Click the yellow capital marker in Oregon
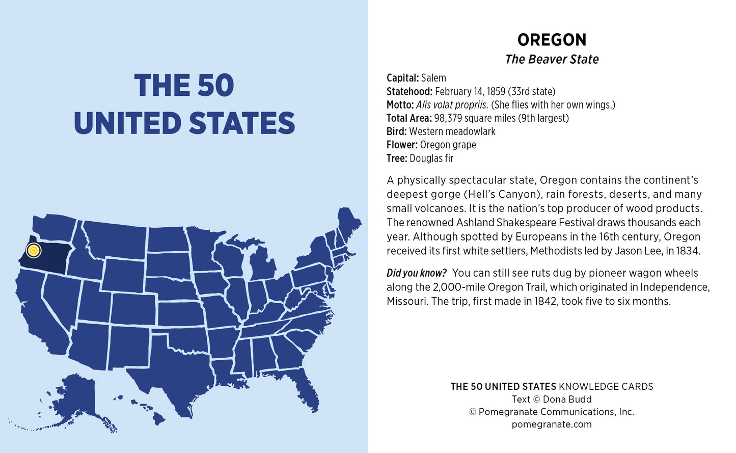point(33,250)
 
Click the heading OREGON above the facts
point(552,40)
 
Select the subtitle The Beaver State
point(552,60)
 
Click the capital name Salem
point(433,78)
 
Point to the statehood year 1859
point(496,92)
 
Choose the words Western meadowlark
point(452,131)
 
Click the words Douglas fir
point(431,158)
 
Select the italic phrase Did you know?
point(416,273)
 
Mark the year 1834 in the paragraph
point(687,251)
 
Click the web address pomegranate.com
point(552,424)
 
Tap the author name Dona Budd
point(567,399)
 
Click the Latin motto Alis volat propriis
point(452,105)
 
